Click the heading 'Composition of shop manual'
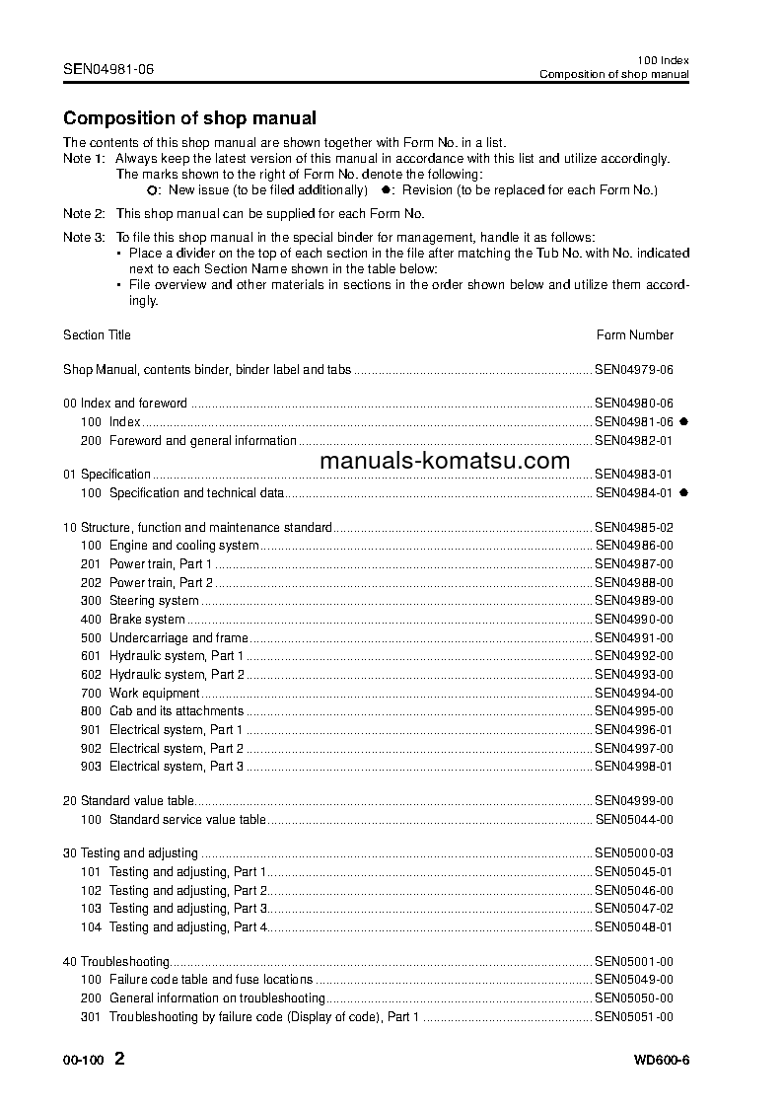[189, 118]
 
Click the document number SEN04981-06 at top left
[108, 69]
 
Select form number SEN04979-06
[634, 370]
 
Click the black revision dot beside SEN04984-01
[683, 492]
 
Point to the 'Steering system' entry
[154, 601]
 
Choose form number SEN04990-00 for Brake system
[634, 620]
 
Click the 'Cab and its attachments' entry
[176, 711]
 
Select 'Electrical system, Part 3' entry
[176, 767]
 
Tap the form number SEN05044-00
[634, 820]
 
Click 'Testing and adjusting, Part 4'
[187, 927]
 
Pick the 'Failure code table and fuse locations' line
[210, 980]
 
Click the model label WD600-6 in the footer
[662, 1061]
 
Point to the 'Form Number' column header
[635, 335]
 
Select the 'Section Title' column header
[97, 335]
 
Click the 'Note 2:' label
[84, 214]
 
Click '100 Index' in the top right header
[664, 60]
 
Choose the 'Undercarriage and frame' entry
[178, 638]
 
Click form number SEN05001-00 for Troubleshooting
[634, 962]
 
